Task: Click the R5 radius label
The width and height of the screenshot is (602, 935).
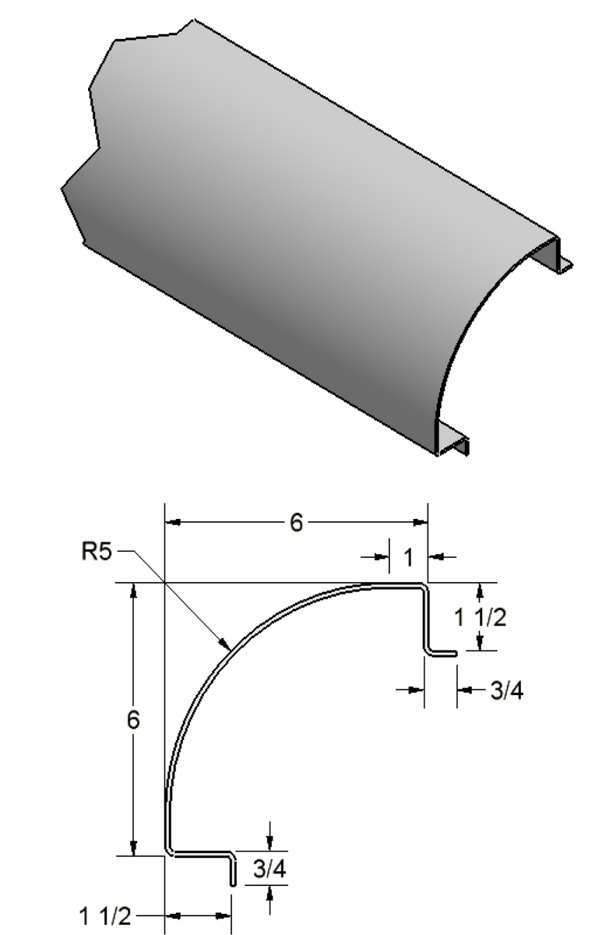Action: (x=98, y=552)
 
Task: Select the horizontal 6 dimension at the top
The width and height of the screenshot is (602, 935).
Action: (x=295, y=523)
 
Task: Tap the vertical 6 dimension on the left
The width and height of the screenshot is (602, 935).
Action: (x=134, y=720)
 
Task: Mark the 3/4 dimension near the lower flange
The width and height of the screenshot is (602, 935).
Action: (x=269, y=870)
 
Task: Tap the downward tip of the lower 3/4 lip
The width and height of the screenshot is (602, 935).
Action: (x=232, y=884)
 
